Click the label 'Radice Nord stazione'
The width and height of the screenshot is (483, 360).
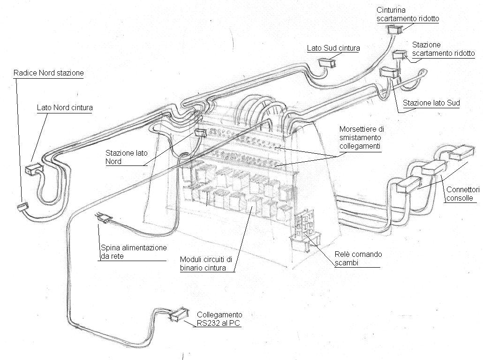49,73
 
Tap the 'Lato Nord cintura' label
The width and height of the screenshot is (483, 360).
65,108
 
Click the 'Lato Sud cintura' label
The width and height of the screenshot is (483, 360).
333,48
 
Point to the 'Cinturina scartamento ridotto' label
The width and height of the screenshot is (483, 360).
408,15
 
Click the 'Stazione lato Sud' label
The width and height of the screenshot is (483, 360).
431,103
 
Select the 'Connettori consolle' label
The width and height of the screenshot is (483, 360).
462,194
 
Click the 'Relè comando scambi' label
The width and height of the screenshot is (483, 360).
358,258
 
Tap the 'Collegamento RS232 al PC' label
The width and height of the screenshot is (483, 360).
219,319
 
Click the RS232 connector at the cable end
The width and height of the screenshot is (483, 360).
177,315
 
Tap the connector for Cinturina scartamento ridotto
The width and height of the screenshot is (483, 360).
395,30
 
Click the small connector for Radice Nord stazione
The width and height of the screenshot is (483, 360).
22,206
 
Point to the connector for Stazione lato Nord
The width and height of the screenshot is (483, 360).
200,133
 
